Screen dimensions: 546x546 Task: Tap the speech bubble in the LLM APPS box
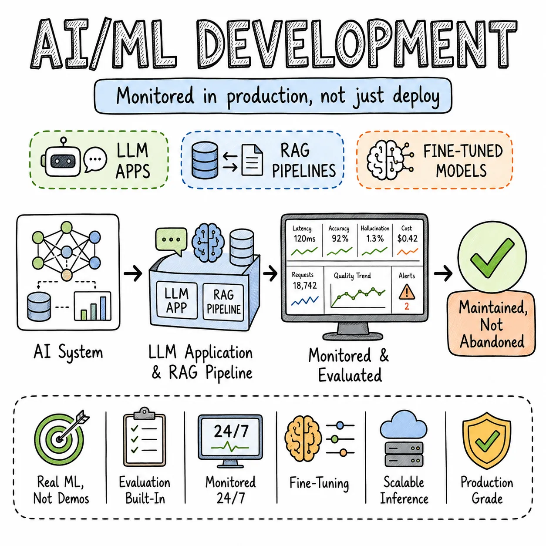95,159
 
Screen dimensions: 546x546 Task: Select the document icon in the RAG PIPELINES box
252,160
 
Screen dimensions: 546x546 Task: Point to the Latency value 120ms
304,239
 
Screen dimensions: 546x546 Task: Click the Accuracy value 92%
340,239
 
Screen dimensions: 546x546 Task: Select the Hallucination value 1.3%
374,239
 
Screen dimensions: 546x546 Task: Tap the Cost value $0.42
407,239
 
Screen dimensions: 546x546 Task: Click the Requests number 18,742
305,285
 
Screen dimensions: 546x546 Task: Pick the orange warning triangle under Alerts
407,292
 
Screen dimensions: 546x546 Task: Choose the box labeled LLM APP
177,300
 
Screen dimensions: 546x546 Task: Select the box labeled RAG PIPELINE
223,302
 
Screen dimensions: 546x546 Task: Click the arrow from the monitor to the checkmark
443,273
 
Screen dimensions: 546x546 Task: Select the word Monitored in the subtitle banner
155,96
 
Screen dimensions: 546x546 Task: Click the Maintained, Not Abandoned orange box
491,324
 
